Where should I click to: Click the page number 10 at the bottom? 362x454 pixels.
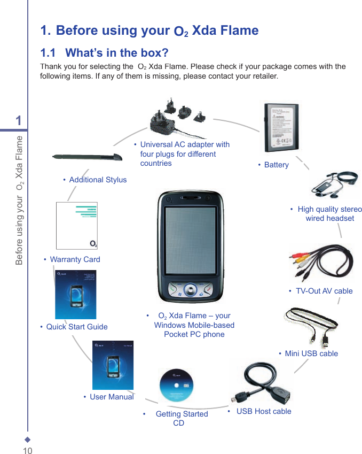pos(27,450)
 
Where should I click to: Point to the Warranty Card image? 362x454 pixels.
pos(77,226)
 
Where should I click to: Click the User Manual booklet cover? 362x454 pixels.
pos(113,365)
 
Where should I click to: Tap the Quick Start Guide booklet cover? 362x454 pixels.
pos(75,294)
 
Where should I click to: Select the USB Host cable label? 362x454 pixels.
pos(264,411)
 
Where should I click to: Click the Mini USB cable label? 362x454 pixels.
pos(311,353)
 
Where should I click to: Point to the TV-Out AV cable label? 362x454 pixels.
pos(324,291)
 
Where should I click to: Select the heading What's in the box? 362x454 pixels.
pos(105,53)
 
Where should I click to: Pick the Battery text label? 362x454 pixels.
pos(276,165)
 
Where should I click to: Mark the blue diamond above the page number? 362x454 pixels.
pos(27,440)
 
